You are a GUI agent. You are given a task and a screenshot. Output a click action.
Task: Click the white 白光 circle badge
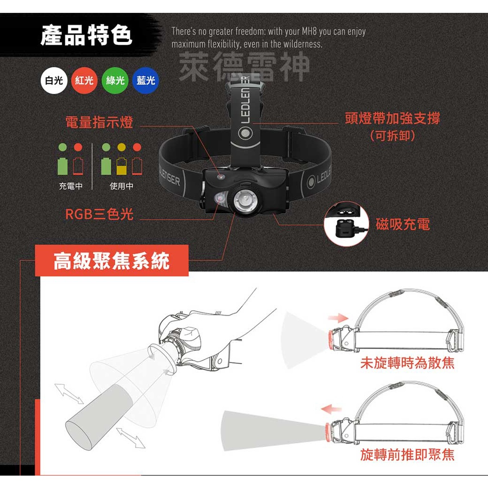[x=54, y=81]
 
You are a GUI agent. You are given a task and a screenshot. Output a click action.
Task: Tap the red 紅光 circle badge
[x=84, y=81]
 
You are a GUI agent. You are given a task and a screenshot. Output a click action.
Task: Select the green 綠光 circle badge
[x=115, y=81]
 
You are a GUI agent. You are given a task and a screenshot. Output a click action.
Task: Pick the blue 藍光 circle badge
[x=145, y=81]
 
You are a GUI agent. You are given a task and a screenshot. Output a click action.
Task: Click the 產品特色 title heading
[x=86, y=36]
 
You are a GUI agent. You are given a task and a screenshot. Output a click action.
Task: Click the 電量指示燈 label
[x=99, y=122]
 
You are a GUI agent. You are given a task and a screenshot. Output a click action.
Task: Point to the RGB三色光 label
[x=99, y=214]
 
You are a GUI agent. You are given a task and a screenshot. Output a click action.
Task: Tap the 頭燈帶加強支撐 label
[x=392, y=118]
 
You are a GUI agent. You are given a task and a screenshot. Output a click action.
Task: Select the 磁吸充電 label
[x=403, y=224]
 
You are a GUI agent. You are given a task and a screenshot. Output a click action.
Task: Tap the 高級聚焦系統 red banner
[x=112, y=261]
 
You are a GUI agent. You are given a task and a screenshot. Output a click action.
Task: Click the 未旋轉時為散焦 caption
[x=407, y=363]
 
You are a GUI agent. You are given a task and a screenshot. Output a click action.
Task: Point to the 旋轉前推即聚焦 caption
[x=407, y=455]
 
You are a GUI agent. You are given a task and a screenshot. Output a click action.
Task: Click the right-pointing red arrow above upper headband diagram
[x=339, y=317]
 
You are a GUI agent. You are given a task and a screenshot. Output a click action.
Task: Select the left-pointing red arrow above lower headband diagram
[x=331, y=408]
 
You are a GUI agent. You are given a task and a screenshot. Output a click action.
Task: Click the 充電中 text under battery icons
[x=71, y=186]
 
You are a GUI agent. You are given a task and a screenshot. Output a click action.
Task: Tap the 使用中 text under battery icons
[x=122, y=186]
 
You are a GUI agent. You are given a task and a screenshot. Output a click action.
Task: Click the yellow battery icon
[x=122, y=165]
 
